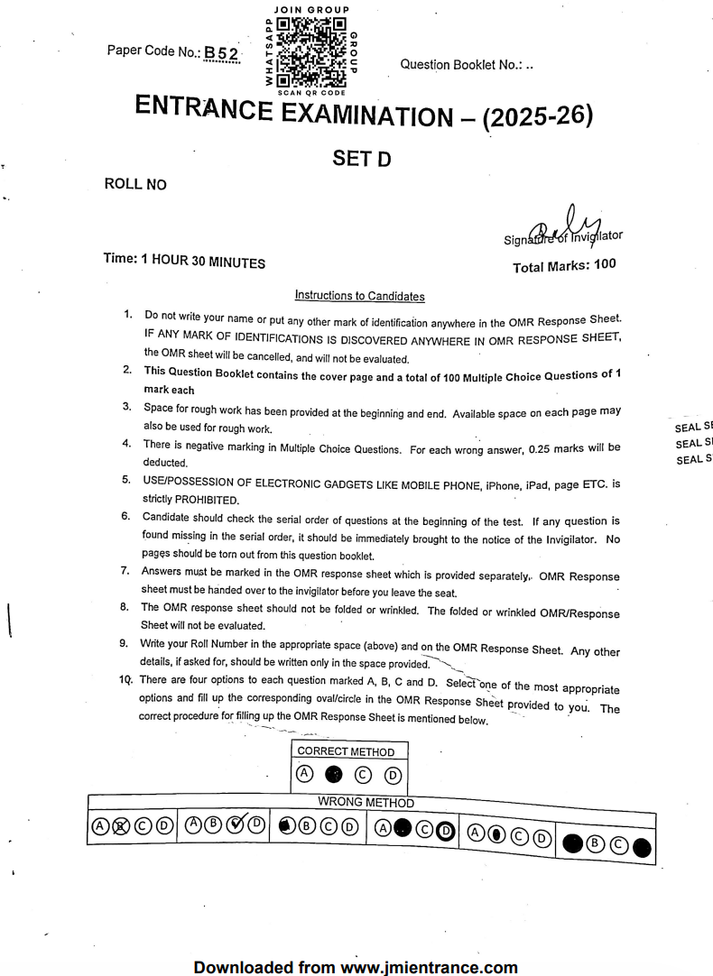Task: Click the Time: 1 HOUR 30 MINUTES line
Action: coord(185,262)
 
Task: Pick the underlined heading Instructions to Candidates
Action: coord(359,296)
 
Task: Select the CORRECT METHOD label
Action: coord(346,751)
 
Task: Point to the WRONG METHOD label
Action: coord(366,802)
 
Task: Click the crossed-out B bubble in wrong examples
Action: coord(115,825)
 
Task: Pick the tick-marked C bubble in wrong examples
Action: coord(238,824)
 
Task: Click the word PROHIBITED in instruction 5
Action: coord(200,499)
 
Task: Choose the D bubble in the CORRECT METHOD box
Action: coord(393,773)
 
